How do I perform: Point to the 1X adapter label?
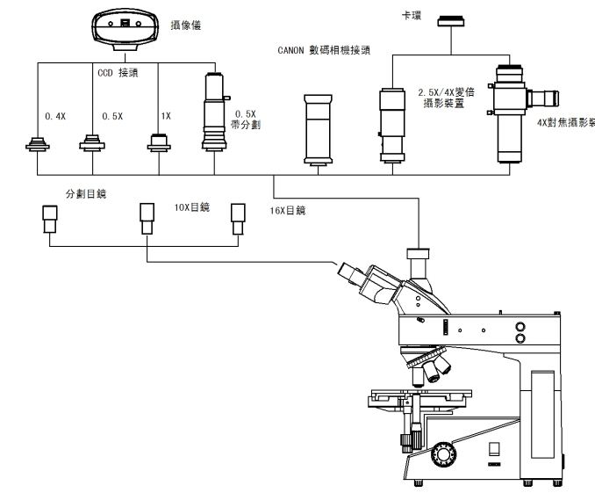coord(167,115)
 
